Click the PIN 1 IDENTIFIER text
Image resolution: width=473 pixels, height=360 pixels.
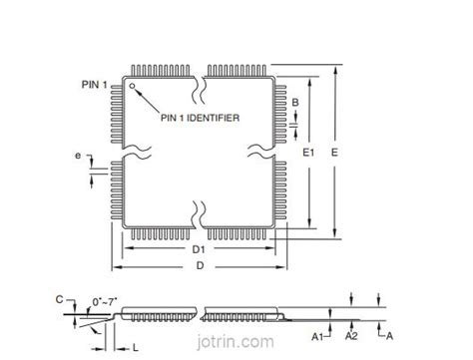pos(201,117)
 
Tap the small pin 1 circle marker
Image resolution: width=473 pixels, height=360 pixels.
pos(130,86)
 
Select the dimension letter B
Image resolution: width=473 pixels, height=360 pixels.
pos(296,103)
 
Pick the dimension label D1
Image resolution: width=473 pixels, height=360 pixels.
pos(198,248)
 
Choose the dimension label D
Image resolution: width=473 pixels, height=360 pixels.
pos(199,265)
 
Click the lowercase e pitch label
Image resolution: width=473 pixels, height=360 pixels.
pos(77,156)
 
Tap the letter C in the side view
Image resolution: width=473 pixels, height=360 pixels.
pos(59,298)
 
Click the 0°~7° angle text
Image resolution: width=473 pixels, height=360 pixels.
pos(105,299)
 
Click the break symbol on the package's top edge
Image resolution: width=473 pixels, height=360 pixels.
pos(200,82)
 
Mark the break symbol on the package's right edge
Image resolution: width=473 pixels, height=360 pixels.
pos(257,153)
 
